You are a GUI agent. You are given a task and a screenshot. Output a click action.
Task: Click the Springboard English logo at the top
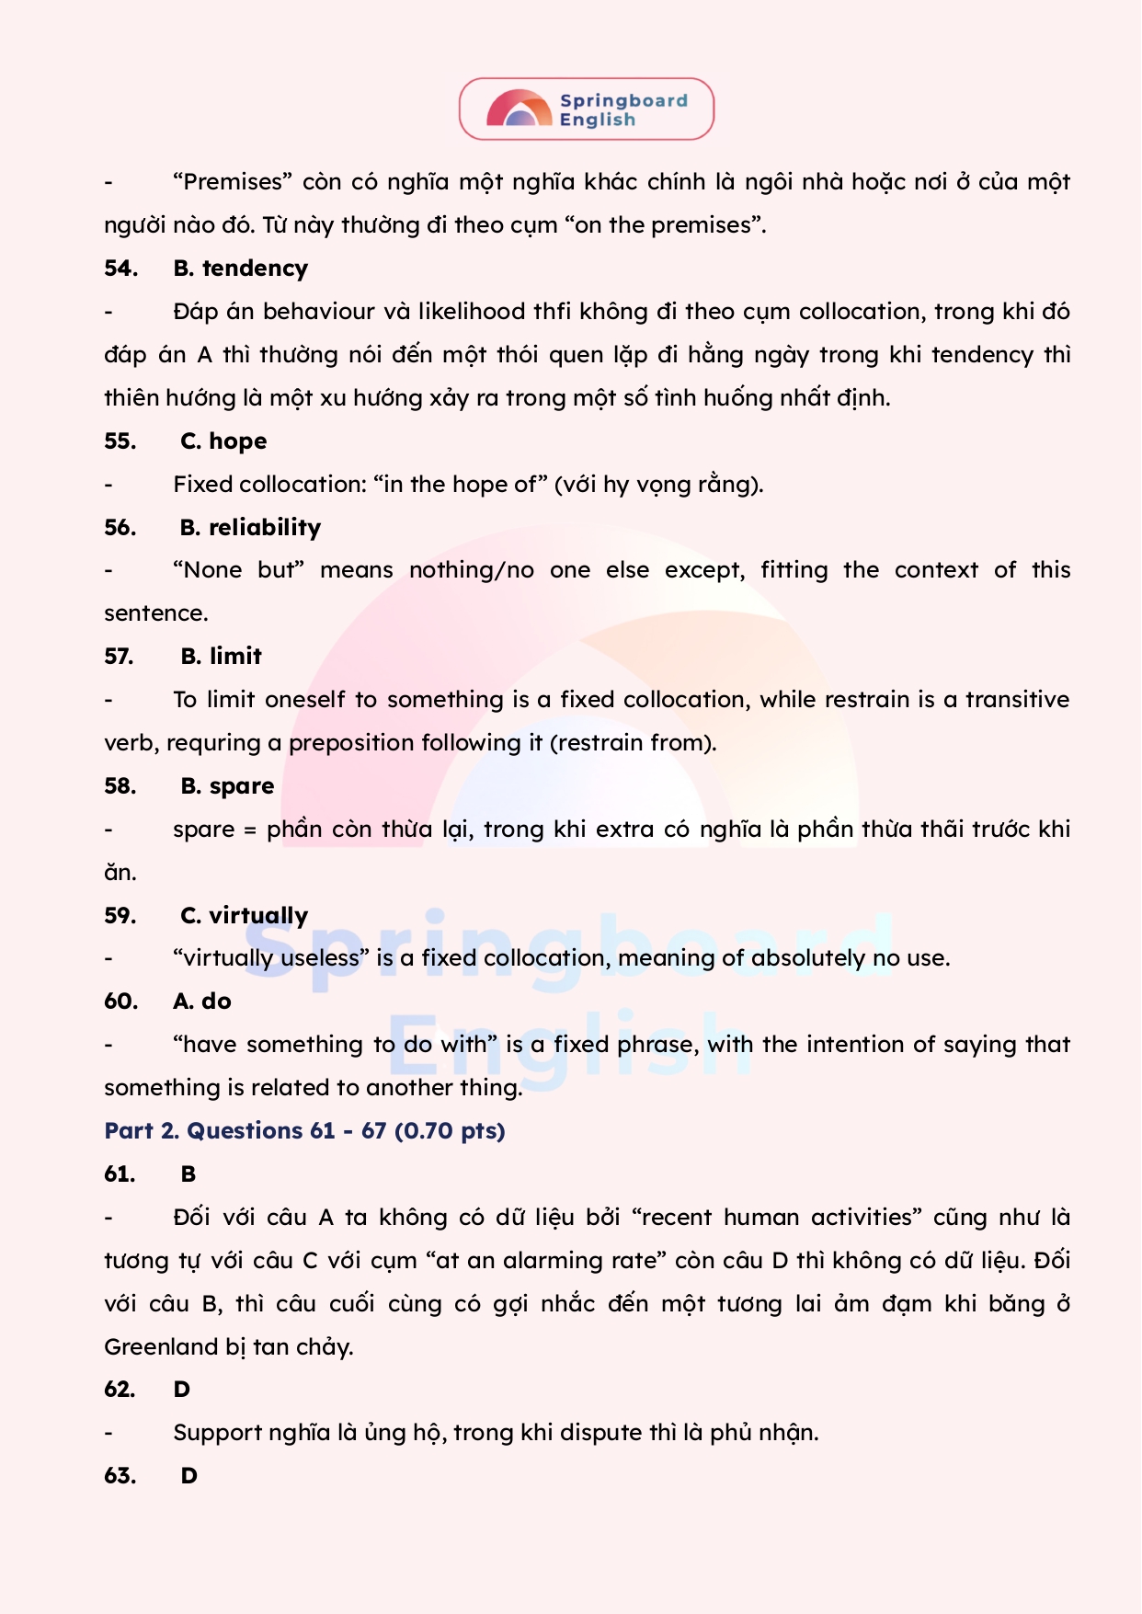pos(587,109)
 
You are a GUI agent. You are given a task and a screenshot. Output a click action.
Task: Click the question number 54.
pos(120,269)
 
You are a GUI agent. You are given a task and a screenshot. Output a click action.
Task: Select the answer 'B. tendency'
pos(241,269)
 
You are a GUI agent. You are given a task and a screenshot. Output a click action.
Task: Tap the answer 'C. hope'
pos(223,441)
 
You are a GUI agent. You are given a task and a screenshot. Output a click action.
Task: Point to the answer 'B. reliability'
pos(250,528)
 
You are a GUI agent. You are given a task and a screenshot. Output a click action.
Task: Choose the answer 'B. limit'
pos(221,657)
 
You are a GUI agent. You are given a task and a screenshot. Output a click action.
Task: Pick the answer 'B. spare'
pos(227,786)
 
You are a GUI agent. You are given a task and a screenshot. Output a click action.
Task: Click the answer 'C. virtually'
pos(244,916)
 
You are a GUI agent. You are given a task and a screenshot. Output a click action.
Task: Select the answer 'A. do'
pos(202,1002)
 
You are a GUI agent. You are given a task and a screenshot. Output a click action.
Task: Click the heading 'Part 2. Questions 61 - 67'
pos(246,1131)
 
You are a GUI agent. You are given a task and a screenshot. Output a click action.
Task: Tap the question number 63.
pos(120,1476)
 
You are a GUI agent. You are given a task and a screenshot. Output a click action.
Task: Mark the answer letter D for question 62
pos(182,1390)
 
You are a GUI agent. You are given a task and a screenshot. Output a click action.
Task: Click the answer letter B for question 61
pos(188,1174)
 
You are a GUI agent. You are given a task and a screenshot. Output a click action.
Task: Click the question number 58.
pos(120,786)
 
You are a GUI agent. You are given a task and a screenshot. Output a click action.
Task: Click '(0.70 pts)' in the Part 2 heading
pos(450,1131)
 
